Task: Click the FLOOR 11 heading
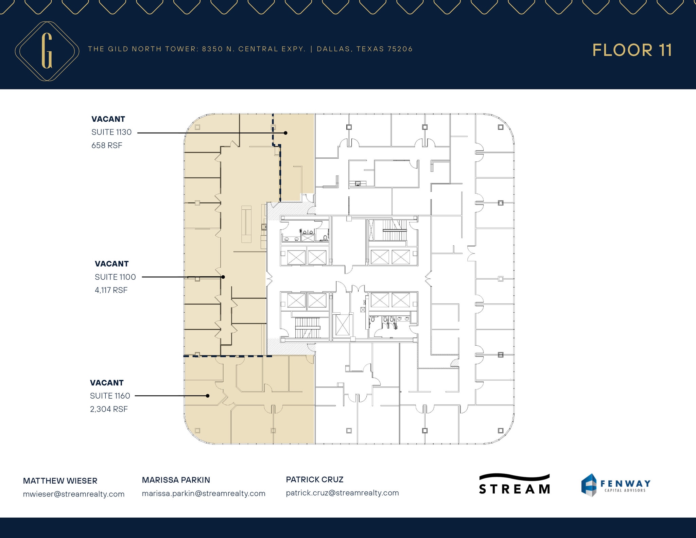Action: coord(632,50)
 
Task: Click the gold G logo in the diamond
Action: coord(47,51)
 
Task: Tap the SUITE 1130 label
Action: coord(111,132)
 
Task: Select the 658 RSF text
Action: coord(107,145)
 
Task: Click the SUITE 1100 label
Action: coord(115,277)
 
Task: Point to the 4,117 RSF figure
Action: coord(111,290)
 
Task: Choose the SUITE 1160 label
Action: coord(110,396)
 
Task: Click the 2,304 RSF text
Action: coord(109,409)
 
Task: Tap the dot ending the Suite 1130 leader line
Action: coord(286,133)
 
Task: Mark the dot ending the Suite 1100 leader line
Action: coord(223,277)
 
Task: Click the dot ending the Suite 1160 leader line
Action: coord(208,396)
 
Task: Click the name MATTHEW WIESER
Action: coord(60,481)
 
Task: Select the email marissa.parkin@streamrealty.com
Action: coord(204,493)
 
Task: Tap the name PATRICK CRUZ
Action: coord(315,480)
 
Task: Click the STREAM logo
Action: coord(514,484)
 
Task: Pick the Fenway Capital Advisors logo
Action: coord(615,485)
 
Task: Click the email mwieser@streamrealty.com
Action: coord(74,494)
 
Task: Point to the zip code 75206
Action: coord(400,49)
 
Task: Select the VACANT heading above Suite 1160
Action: coord(107,383)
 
